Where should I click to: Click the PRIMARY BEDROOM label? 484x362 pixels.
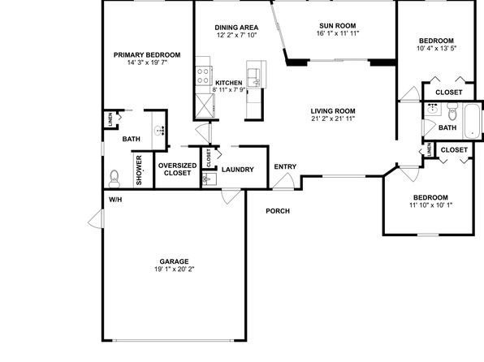[x=147, y=55]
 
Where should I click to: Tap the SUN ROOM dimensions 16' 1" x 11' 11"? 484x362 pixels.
[x=338, y=33]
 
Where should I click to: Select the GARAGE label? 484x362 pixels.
[x=174, y=261]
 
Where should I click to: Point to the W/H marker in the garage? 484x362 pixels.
[x=115, y=200]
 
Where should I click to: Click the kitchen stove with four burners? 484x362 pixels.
[x=203, y=75]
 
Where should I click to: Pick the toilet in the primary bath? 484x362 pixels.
[x=115, y=179]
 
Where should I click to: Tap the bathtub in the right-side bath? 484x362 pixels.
[x=471, y=122]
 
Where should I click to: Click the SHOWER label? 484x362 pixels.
[x=139, y=170]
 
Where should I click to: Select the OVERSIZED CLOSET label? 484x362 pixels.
[x=177, y=170]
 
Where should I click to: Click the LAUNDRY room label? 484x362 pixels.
[x=238, y=170]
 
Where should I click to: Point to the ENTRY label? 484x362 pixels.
[x=285, y=166]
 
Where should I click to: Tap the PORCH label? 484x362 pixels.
[x=278, y=211]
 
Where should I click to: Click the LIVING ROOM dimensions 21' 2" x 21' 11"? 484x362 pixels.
[x=333, y=119]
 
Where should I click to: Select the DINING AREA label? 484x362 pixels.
[x=236, y=28]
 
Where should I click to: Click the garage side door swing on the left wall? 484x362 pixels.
[x=96, y=219]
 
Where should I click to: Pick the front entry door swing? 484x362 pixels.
[x=283, y=181]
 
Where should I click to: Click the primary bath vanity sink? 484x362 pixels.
[x=159, y=131]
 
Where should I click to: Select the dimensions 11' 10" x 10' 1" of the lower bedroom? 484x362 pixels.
[x=430, y=205]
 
